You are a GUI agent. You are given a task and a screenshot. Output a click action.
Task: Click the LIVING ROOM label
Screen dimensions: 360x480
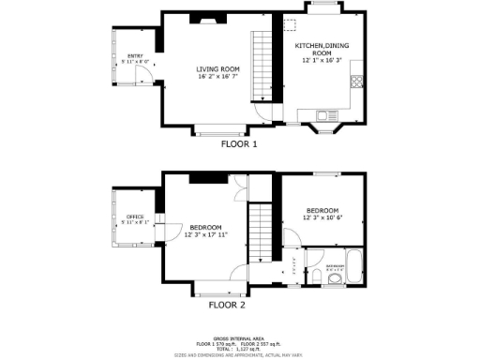click(x=217, y=68)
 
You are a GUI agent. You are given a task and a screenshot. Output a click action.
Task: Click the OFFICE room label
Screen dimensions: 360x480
click(x=135, y=217)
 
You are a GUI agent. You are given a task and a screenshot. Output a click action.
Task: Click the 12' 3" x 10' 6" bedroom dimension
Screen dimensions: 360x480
click(x=321, y=217)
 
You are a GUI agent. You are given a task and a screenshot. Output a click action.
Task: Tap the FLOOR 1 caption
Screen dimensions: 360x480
click(x=238, y=144)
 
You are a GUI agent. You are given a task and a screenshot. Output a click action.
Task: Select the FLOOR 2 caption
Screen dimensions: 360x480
click(x=226, y=305)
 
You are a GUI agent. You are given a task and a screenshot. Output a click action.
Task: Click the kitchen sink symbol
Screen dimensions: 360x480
click(x=323, y=117)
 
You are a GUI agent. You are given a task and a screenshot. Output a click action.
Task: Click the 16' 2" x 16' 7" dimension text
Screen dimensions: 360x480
click(x=217, y=76)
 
